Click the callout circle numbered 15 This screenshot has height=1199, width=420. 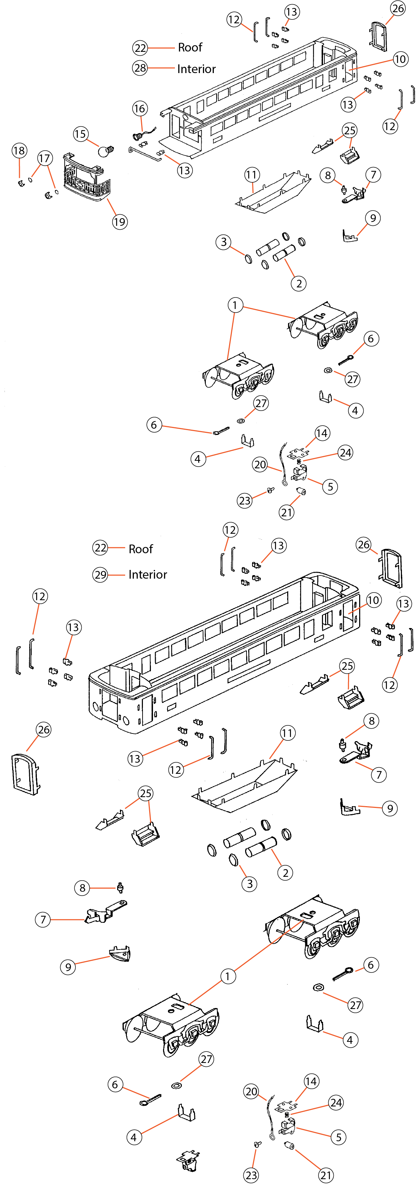80,134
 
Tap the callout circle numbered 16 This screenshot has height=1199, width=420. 139,109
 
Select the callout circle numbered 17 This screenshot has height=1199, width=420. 44,158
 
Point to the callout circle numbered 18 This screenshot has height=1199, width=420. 19,150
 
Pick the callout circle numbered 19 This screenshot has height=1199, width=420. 120,222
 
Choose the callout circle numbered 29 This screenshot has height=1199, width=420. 100,574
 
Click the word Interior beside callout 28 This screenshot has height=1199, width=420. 196,69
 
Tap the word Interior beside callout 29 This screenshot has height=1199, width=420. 147,574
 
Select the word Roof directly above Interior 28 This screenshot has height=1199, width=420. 190,47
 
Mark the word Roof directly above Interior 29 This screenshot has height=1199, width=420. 140,549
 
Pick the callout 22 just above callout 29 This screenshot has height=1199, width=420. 100,548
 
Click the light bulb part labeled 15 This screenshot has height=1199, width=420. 106,151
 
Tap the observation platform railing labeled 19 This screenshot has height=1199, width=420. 87,179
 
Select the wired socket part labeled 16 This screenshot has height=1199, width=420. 138,136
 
